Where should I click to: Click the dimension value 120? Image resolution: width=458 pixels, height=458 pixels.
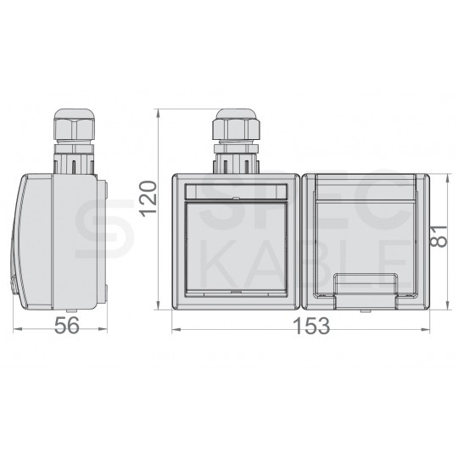148,199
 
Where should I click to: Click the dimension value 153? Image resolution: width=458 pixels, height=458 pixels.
312,326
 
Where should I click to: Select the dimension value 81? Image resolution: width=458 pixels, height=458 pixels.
438,236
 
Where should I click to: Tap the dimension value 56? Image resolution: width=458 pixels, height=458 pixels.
67,326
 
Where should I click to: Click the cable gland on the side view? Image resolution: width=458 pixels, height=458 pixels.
74,142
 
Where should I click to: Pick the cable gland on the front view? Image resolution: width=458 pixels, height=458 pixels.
236,142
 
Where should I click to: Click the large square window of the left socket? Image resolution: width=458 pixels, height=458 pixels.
236,246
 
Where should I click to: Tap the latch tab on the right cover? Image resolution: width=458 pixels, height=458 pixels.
366,291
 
